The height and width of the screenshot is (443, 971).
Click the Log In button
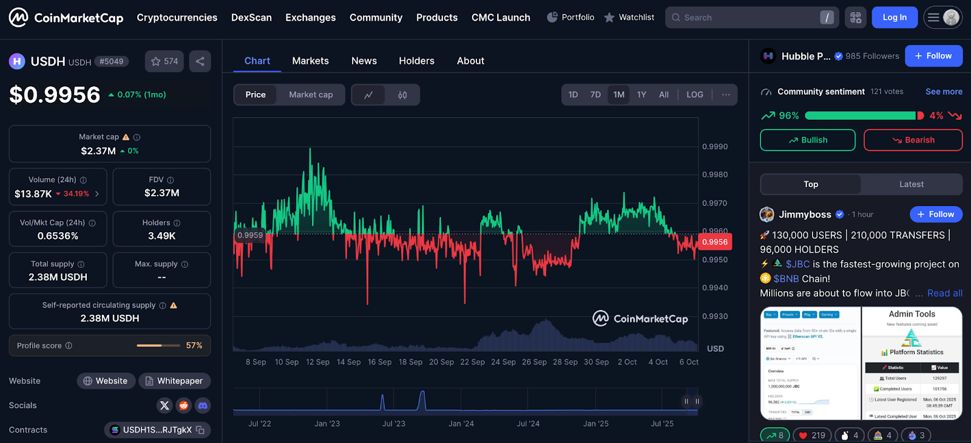894,18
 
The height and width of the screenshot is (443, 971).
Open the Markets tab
310,61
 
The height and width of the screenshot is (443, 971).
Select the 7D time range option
595,95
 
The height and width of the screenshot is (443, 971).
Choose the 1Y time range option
641,95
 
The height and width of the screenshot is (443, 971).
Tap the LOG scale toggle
694,95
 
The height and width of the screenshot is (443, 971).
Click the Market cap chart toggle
311,95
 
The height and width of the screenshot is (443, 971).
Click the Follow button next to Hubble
933,56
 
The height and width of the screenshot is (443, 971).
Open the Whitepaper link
174,381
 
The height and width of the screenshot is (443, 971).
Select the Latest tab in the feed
911,184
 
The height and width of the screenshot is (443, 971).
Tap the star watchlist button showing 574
164,61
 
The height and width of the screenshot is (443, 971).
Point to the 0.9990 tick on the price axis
714,146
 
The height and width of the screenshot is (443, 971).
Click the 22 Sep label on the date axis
472,362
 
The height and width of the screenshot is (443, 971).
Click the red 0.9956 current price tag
715,242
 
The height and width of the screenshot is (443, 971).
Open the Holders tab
416,61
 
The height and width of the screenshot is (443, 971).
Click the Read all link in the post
944,293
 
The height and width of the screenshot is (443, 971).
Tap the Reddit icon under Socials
184,405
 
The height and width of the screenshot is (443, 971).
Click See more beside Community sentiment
944,92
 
